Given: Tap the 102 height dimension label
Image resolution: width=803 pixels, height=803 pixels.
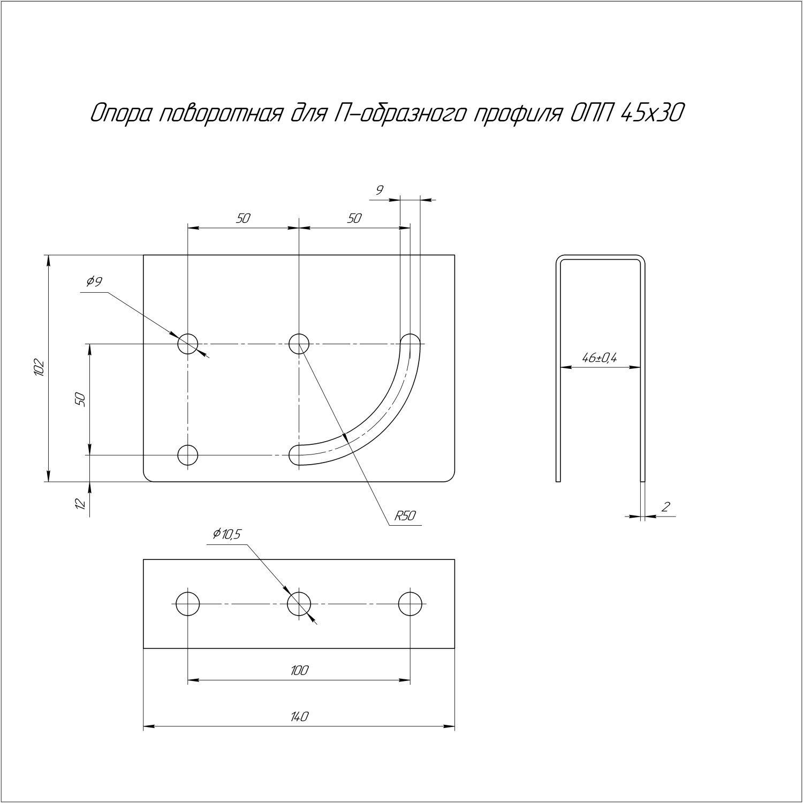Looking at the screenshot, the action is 38,368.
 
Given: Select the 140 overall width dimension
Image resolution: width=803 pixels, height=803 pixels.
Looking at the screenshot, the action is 299,716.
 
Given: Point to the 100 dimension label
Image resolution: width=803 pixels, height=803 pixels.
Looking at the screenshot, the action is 299,670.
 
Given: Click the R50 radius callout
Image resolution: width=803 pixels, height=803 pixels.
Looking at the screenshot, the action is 405,516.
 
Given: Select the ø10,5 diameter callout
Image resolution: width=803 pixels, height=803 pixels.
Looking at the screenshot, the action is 228,534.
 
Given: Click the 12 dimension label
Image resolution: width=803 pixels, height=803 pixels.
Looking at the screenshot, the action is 80,504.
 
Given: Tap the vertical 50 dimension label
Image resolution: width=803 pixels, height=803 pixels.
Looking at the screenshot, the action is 80,399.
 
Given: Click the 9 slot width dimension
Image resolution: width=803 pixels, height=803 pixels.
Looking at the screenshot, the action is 380,190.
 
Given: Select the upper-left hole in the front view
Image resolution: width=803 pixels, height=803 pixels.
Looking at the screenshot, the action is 188,343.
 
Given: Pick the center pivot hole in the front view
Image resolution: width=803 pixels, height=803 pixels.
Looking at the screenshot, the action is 299,343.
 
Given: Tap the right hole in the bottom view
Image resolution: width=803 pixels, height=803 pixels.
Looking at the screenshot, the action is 410,604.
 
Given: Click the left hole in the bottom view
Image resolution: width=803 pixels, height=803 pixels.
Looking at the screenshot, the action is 188,604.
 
